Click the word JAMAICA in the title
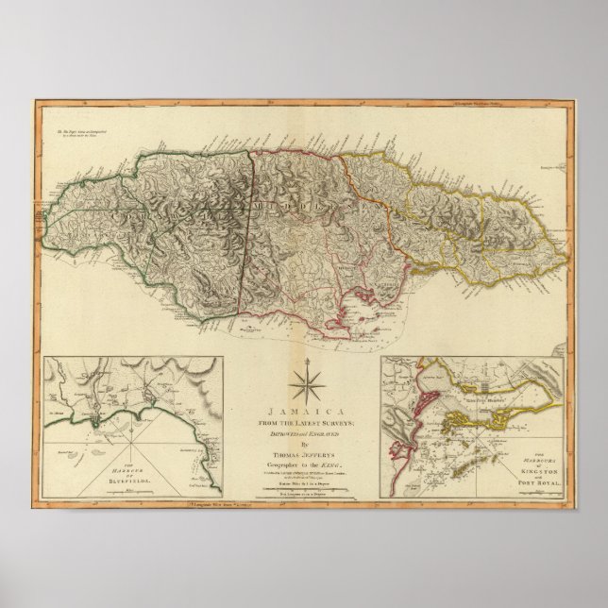302,412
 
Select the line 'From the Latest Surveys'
303,421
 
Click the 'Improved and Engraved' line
303,431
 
